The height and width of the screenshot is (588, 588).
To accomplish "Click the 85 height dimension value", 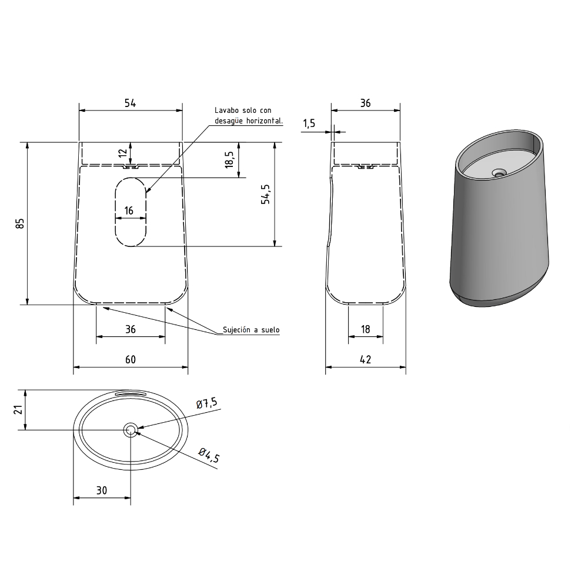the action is pos(20,223).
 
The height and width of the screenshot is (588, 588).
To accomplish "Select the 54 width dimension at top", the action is pos(130,103).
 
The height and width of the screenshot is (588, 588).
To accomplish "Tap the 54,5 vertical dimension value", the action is pos(266,194).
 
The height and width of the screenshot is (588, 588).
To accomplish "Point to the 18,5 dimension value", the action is pos(229,159).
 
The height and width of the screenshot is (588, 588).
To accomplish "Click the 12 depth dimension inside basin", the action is pos(123,153).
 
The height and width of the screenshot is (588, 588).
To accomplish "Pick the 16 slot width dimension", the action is pos(129,211).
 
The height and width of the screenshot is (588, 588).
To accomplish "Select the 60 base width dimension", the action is pos(130,360).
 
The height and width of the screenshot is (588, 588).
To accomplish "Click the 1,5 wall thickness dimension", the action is pos(309,123).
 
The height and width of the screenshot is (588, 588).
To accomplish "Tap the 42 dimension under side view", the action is pos(365,360).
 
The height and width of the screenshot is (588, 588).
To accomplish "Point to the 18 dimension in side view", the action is pos(365,329).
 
